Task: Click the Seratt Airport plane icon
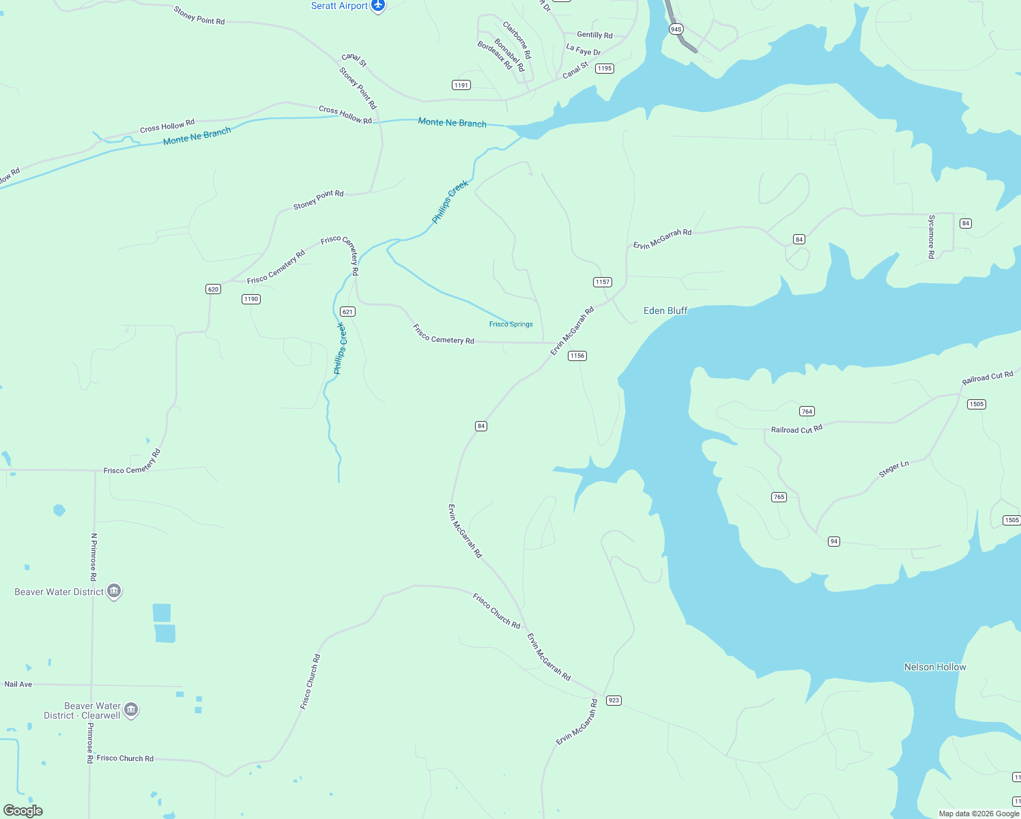click(378, 6)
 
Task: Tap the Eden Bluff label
click(665, 311)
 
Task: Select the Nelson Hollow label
click(935, 667)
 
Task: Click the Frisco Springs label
click(511, 324)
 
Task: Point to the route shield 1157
click(603, 282)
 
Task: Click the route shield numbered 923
click(614, 700)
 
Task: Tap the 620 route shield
click(213, 289)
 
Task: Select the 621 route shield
click(347, 312)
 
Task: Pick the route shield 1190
click(251, 299)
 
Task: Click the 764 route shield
click(807, 412)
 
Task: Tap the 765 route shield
click(779, 497)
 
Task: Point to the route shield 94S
click(676, 29)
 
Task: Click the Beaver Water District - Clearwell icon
click(131, 710)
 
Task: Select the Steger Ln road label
click(893, 469)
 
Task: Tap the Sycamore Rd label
click(932, 237)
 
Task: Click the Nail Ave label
click(18, 684)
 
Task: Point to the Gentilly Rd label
click(594, 35)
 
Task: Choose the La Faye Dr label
click(584, 50)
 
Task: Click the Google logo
click(23, 811)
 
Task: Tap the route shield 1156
click(577, 356)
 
